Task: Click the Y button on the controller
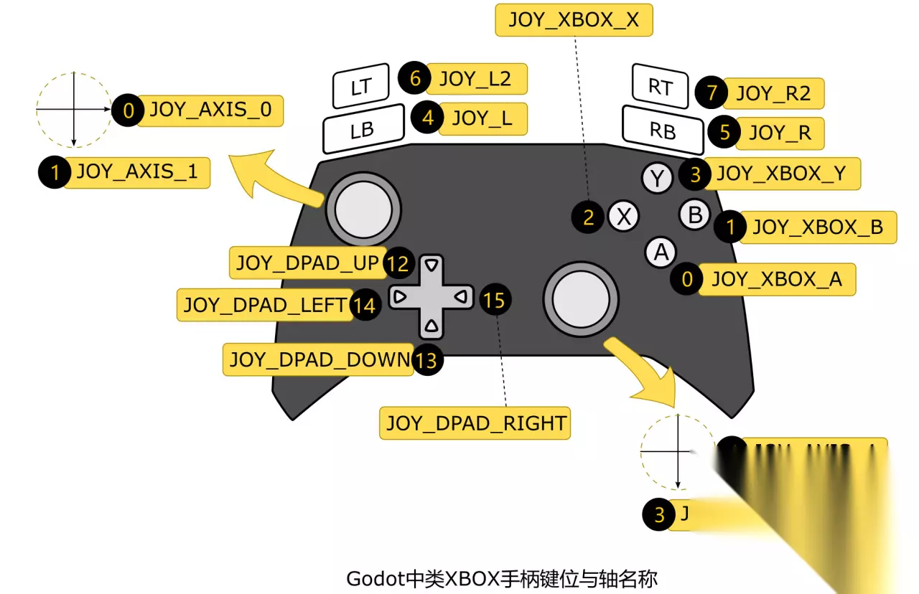coord(657,178)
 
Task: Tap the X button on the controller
coord(624,216)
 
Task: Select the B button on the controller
coord(694,214)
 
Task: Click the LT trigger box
coord(360,86)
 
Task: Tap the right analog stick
coord(581,297)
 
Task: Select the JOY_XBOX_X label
coord(574,20)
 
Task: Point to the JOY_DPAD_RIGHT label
coord(476,423)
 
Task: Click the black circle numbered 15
coord(494,300)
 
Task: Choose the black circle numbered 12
coord(396,264)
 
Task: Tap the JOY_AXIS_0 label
coord(210,110)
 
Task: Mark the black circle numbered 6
coord(415,78)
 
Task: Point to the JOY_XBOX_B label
coord(817,227)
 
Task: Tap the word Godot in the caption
coord(373,578)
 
